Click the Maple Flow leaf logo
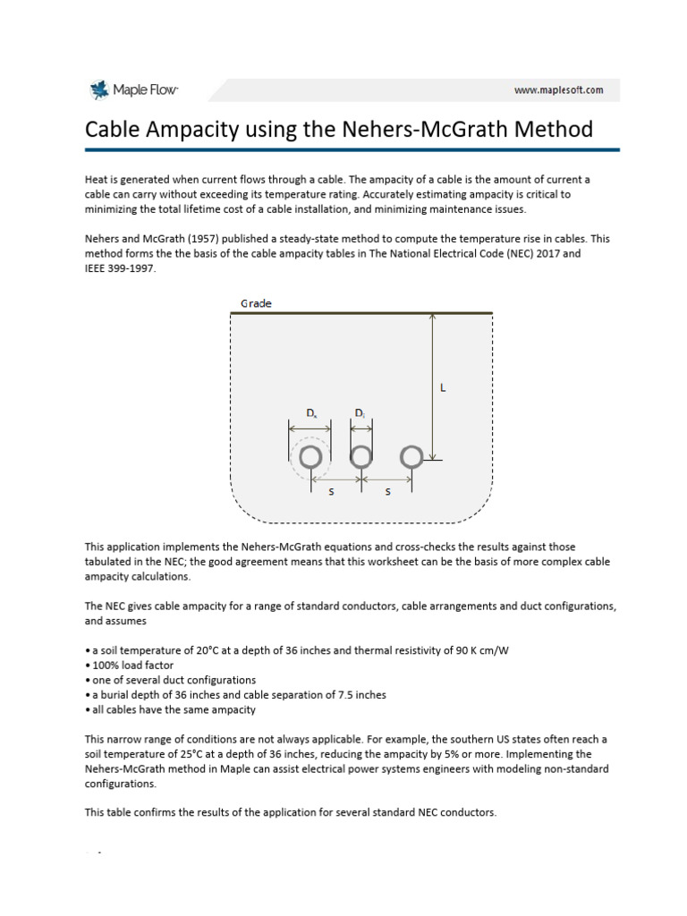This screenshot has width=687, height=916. pos(98,89)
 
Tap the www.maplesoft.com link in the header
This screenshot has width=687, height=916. pos(558,89)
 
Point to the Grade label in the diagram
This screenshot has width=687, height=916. pos(255,303)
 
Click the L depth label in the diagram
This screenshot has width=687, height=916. pos(442,388)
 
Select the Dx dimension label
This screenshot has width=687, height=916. pos(310,413)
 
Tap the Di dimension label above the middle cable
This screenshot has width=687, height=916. pos(360,413)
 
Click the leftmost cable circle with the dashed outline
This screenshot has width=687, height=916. pos(310,458)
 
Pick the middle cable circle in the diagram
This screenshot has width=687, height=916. pos(360,458)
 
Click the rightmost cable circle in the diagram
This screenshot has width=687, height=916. pos(411,458)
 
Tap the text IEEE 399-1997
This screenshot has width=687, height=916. pos(120,267)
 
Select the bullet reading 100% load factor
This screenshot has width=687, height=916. pos(131,665)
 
